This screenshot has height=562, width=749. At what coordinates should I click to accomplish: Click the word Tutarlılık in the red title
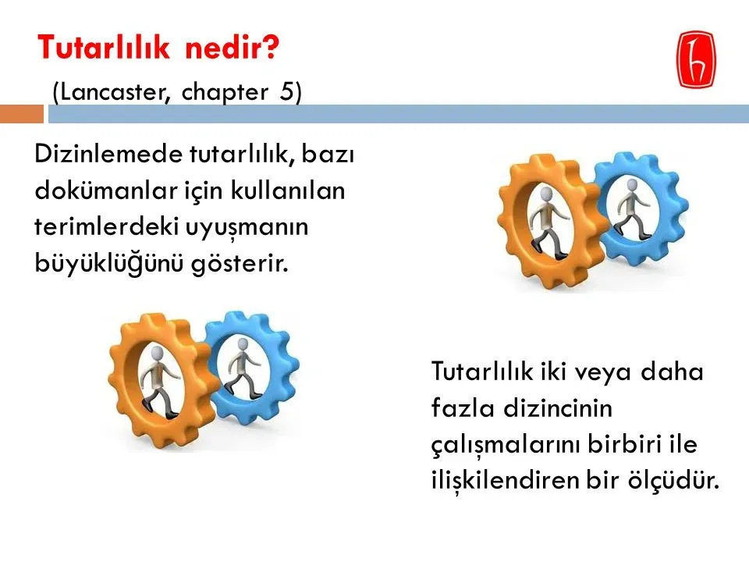pyautogui.click(x=104, y=48)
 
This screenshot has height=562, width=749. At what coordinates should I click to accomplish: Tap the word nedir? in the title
pyautogui.click(x=233, y=48)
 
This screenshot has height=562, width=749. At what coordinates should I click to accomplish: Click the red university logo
pyautogui.click(x=697, y=60)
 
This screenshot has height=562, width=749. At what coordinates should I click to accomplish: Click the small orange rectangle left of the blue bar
pyautogui.click(x=22, y=114)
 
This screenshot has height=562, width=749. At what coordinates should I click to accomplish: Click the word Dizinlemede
pyautogui.click(x=108, y=154)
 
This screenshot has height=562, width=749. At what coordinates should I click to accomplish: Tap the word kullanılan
pyautogui.click(x=288, y=190)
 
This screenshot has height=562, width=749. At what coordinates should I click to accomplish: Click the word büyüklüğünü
pyautogui.click(x=109, y=263)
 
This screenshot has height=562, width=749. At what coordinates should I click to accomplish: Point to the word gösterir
pyautogui.click(x=240, y=264)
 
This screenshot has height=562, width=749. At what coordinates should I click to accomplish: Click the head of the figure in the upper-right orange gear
pyautogui.click(x=546, y=194)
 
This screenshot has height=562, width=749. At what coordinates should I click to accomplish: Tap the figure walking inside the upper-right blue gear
pyautogui.click(x=632, y=209)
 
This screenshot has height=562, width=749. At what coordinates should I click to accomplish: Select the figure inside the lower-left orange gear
pyautogui.click(x=159, y=382)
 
